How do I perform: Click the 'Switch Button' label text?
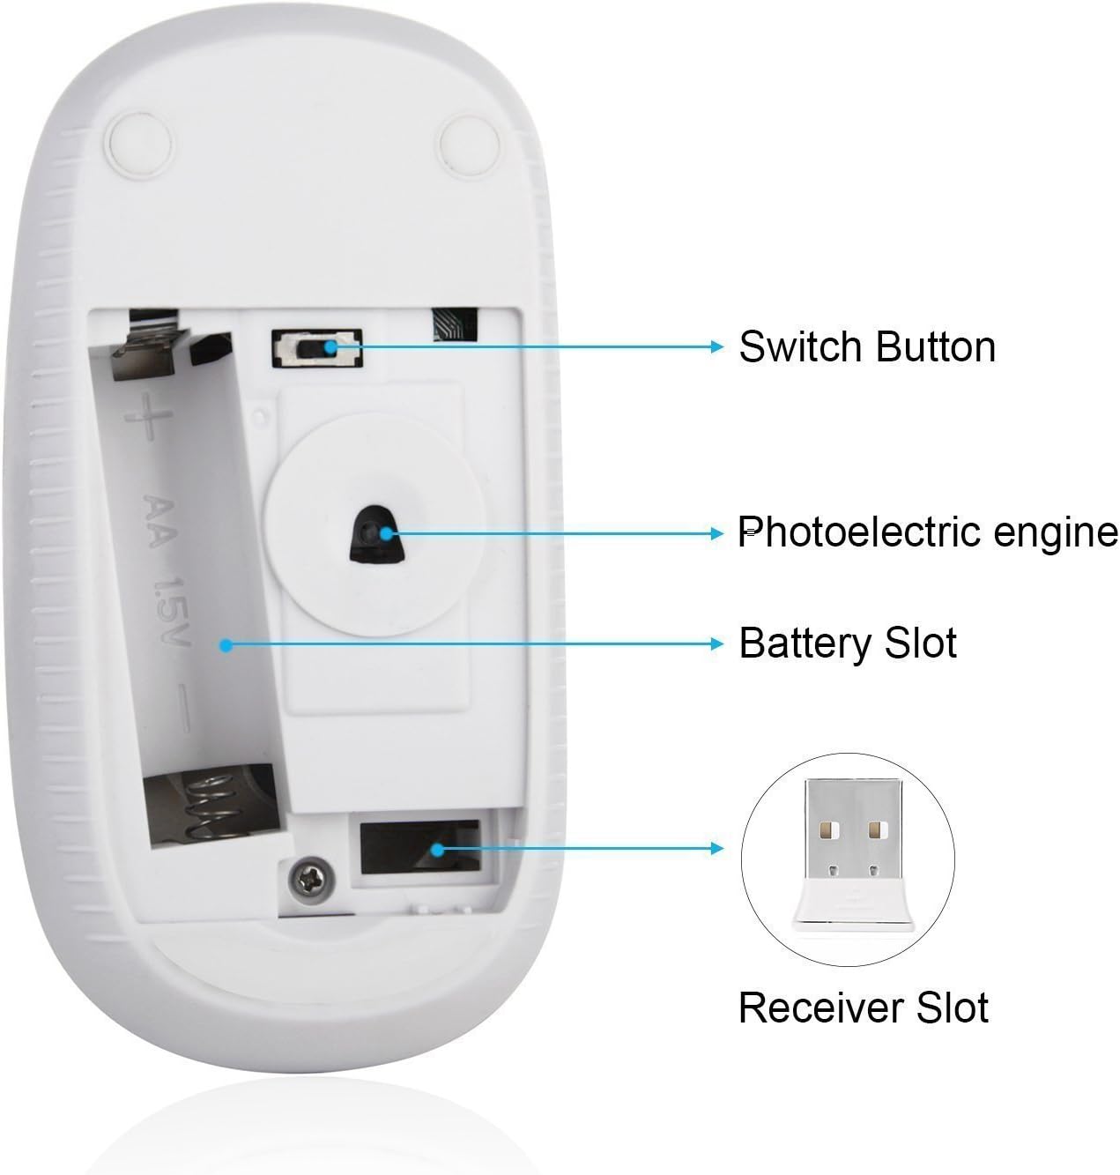tap(867, 346)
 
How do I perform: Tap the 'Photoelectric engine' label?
tap(928, 532)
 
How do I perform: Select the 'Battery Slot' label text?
tap(848, 643)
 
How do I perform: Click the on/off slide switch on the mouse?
tap(317, 348)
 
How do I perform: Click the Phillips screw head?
tap(308, 877)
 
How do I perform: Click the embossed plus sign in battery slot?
tap(148, 416)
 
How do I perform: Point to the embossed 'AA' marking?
tap(159, 521)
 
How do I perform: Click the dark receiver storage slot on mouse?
tap(420, 847)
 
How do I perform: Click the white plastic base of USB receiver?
tap(853, 903)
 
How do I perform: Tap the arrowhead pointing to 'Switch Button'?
tap(716, 346)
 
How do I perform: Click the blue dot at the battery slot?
tap(226, 645)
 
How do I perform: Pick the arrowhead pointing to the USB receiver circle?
tap(716, 848)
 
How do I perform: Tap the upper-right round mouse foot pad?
tap(470, 145)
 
